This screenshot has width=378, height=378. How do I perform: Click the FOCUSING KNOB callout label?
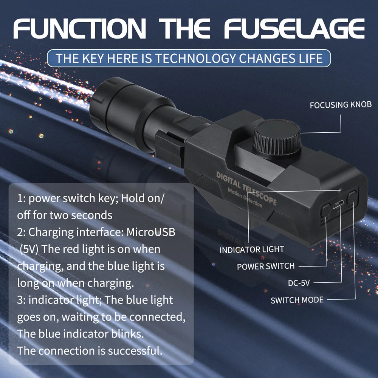tap(341, 105)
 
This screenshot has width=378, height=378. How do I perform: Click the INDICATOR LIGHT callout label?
tap(251, 249)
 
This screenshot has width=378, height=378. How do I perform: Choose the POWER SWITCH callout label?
tap(265, 266)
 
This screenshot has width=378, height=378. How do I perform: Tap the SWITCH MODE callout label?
tap(297, 300)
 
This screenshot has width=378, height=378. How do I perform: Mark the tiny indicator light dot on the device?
tap(340, 190)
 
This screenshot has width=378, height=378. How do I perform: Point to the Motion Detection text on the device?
tap(245, 198)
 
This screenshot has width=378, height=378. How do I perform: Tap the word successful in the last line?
tap(135, 350)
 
